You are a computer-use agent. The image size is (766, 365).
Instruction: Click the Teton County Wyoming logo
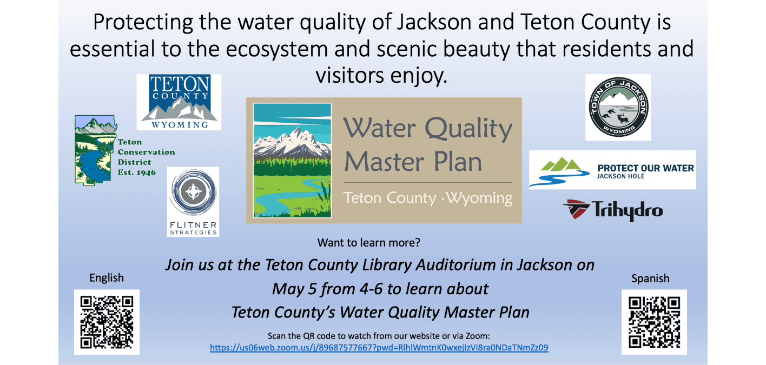click(x=179, y=102)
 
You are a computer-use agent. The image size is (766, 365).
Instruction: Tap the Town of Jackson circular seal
click(x=618, y=107)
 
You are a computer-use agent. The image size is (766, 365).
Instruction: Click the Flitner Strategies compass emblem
click(x=193, y=191)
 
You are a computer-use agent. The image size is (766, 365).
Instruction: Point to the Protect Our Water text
click(x=645, y=168)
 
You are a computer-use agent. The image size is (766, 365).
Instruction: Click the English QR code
click(x=107, y=322)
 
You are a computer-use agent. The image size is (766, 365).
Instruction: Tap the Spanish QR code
click(x=654, y=322)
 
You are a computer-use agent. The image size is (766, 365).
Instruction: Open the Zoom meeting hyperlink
click(x=379, y=348)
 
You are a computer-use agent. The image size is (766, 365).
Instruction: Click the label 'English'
click(x=107, y=278)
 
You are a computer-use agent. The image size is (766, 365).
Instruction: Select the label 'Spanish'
click(x=650, y=278)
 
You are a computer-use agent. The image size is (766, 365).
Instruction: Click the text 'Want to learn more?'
click(x=368, y=243)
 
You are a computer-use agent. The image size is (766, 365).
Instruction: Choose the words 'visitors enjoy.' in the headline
click(x=381, y=76)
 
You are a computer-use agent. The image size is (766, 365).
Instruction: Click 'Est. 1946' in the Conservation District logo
click(x=137, y=172)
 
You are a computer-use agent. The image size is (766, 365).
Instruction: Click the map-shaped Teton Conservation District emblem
click(x=96, y=150)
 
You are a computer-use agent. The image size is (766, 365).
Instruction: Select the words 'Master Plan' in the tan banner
click(x=413, y=162)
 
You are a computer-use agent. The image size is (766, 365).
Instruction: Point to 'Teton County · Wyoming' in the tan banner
click(x=428, y=198)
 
